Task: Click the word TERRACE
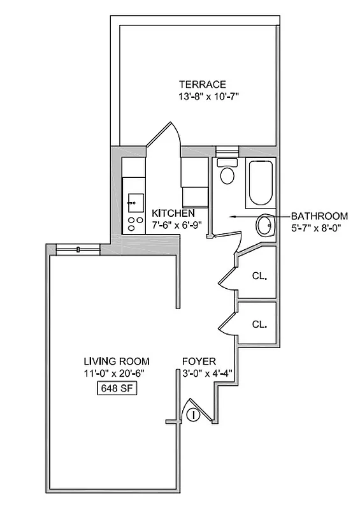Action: pos(202,84)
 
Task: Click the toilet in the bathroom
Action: pos(227,173)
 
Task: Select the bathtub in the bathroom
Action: pos(261,181)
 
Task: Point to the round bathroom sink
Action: pos(265,224)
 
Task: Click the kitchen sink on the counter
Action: pos(134,203)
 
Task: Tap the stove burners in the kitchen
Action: pos(134,224)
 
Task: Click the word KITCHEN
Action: pos(173,213)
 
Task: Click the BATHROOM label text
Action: pos(320,215)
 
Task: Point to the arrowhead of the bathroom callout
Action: pos(233,217)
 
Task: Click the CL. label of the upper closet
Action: pos(259,277)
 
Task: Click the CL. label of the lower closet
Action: pos(259,324)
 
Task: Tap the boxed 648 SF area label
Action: pos(116,388)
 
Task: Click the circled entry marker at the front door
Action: pos(194,415)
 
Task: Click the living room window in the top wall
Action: pos(78,249)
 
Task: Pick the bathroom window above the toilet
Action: pos(227,152)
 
